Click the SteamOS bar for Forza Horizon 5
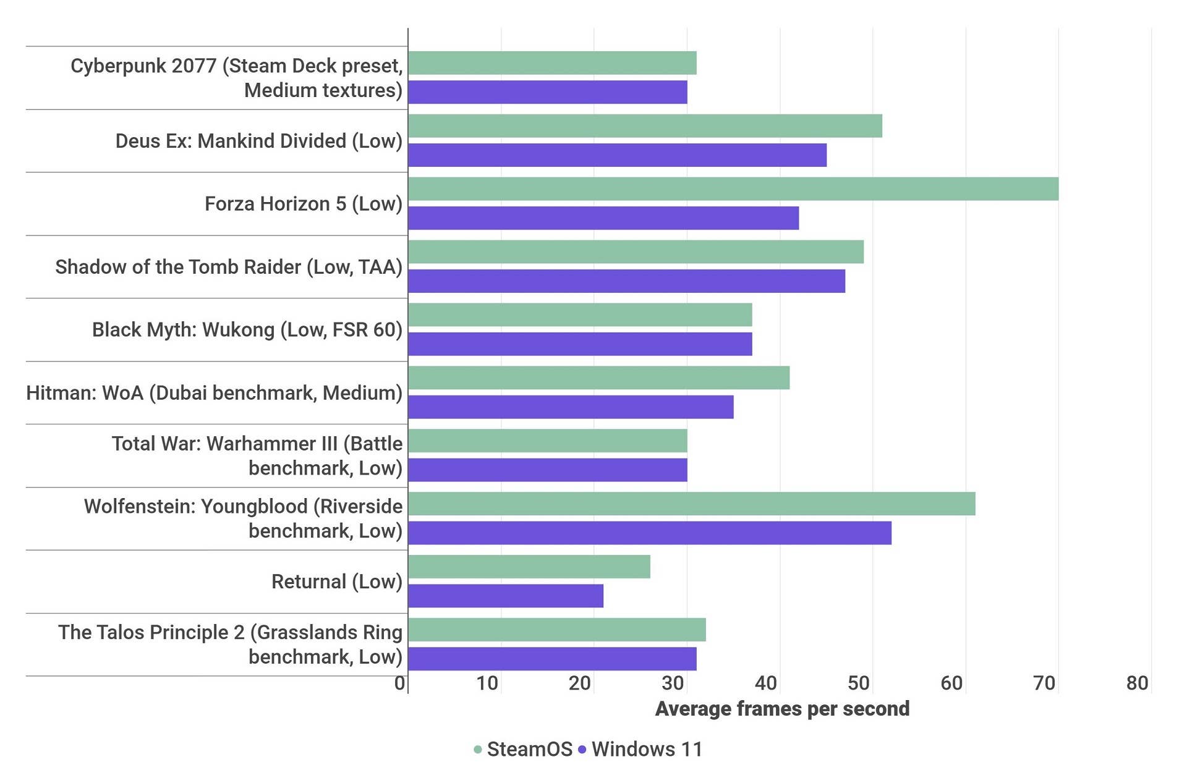point(733,189)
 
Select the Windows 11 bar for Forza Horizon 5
point(603,218)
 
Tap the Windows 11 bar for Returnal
point(506,596)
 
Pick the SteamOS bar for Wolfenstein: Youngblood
point(692,504)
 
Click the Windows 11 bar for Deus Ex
point(617,155)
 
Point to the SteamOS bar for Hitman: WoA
point(598,378)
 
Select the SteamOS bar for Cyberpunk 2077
point(552,63)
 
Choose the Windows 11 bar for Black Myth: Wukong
point(580,344)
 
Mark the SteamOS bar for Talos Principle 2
point(557,630)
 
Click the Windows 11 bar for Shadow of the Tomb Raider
point(626,281)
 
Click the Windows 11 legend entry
point(640,749)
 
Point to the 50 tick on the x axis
point(859,683)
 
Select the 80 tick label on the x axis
point(1137,683)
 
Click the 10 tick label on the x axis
point(487,683)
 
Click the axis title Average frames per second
point(782,708)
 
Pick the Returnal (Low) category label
point(337,581)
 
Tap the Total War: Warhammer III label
point(257,455)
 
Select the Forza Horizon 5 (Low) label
point(304,204)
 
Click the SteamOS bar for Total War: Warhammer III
point(547,441)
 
